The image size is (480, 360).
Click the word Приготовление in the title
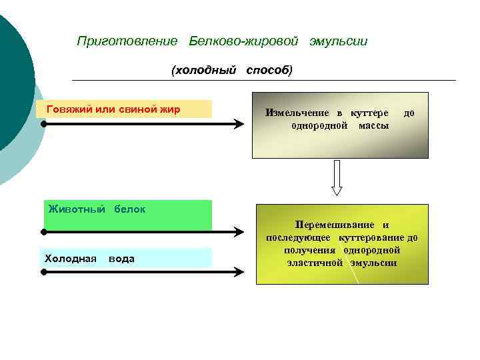127,41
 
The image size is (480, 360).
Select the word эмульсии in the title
338,41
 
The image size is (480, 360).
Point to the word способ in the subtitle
269,70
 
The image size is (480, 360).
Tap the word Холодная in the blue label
71,258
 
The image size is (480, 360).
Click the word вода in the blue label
121,258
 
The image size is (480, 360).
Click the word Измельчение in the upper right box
297,113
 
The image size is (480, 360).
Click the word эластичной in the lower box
312,262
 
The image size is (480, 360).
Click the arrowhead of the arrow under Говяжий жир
241,124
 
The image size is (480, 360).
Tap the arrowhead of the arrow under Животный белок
241,231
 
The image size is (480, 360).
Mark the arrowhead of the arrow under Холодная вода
241,271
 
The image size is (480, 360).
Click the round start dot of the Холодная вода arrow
42,271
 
